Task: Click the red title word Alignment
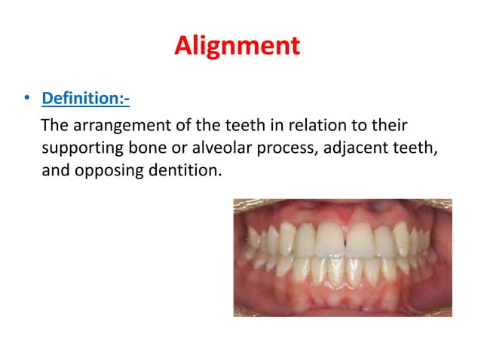pyautogui.click(x=237, y=46)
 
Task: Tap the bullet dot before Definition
pyautogui.click(x=27, y=99)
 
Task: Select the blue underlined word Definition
pyautogui.click(x=84, y=99)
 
